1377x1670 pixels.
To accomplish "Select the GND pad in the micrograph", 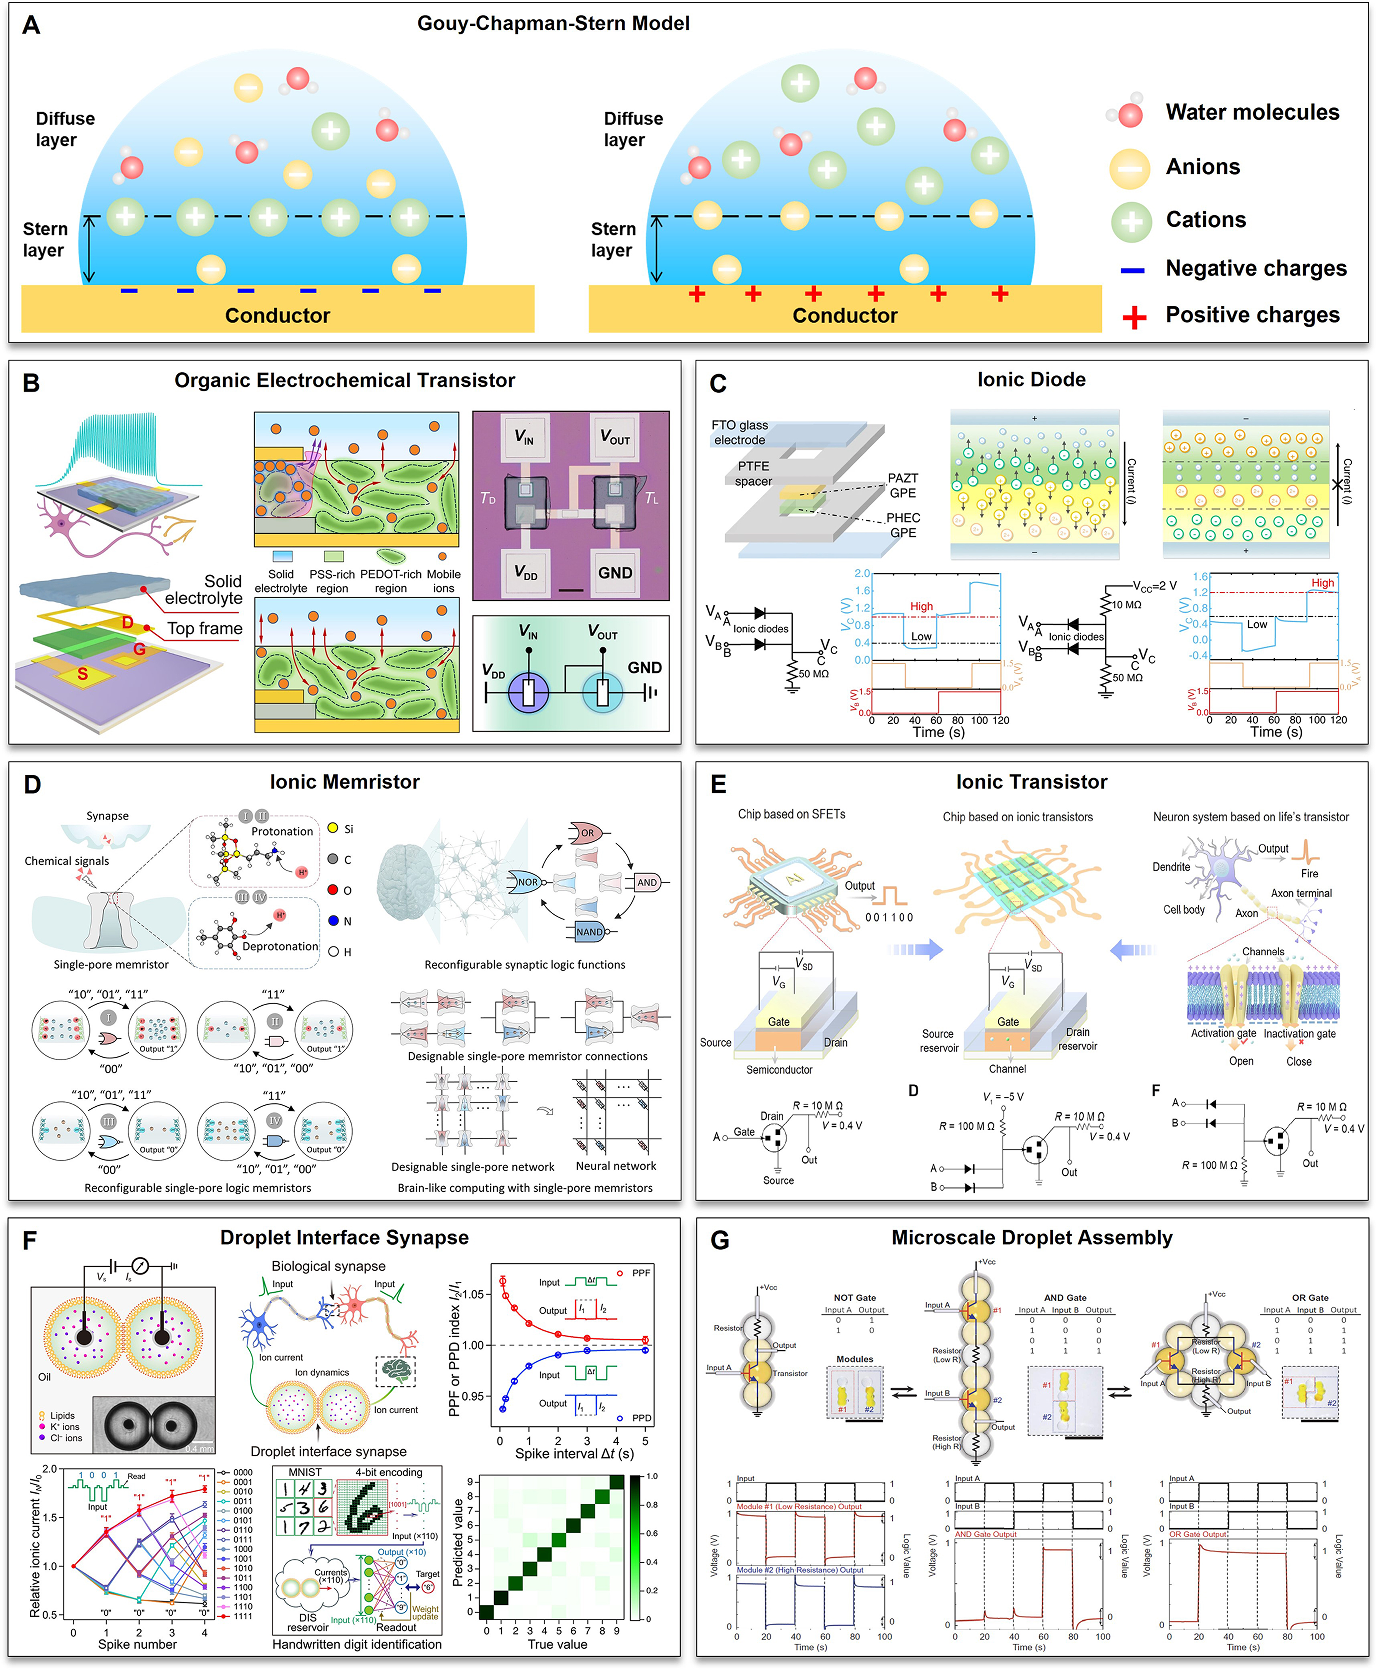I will (x=615, y=572).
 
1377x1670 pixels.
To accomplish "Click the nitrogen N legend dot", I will (x=334, y=920).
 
